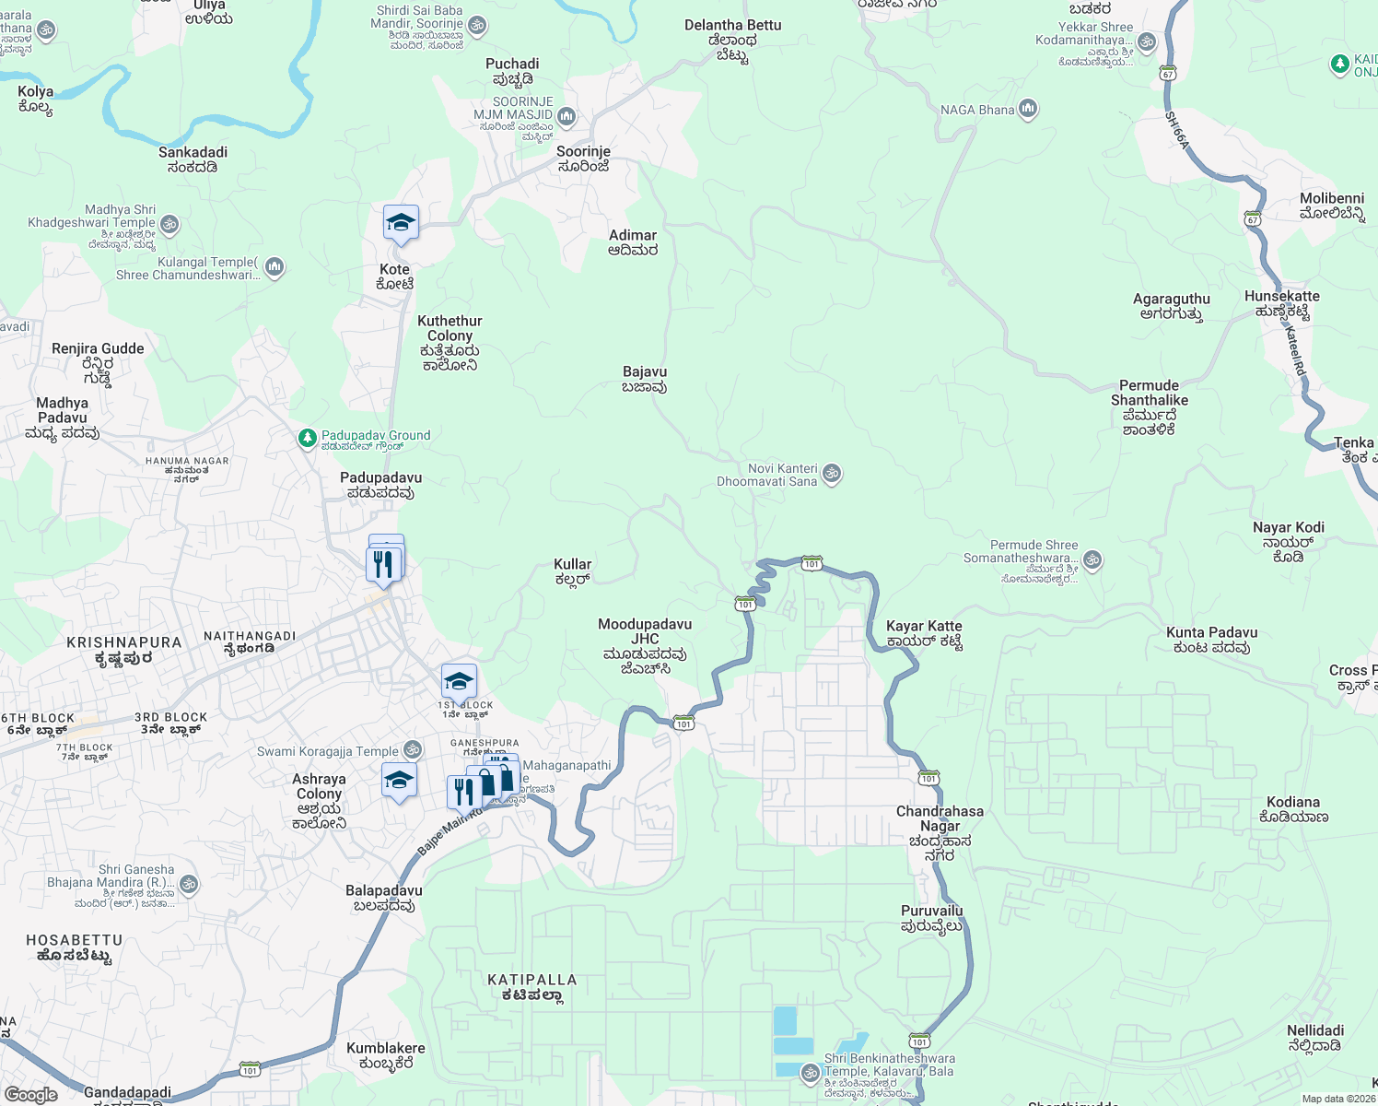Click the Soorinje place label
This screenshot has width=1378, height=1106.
[x=584, y=159]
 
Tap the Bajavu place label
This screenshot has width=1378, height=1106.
[x=645, y=379]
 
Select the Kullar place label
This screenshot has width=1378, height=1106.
[x=573, y=571]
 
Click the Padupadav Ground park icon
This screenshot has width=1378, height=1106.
[x=308, y=439]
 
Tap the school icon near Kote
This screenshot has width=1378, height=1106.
[x=401, y=224]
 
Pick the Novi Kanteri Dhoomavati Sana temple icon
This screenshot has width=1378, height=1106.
[x=832, y=475]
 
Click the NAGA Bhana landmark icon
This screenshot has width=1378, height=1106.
[x=1028, y=110]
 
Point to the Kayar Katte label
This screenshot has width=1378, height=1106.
[x=924, y=634]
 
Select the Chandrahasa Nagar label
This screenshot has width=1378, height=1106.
[x=940, y=833]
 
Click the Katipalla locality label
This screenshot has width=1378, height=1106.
[x=532, y=987]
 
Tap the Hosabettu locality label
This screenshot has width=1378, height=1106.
[x=74, y=947]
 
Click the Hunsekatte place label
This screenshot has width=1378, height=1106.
[x=1282, y=303]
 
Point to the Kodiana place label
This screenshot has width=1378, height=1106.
[x=1293, y=809]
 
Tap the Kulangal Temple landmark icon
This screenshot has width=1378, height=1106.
[x=274, y=268]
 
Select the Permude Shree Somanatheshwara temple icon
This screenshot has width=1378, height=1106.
[x=1092, y=559]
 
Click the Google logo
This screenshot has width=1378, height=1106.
[x=31, y=1095]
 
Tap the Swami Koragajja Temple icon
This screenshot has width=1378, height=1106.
[x=413, y=751]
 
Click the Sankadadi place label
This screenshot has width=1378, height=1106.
[x=193, y=159]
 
